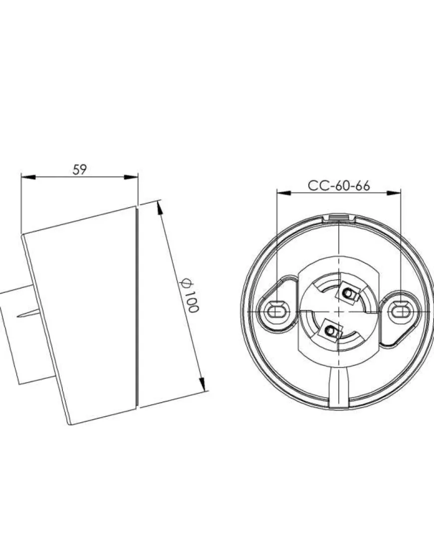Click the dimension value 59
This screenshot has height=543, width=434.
(x=80, y=169)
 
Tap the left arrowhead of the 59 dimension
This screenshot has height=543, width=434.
(x=28, y=177)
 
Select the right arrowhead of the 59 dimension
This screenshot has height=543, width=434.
(x=131, y=177)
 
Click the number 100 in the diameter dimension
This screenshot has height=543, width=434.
(x=192, y=301)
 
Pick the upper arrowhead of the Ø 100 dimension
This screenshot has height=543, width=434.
(x=160, y=208)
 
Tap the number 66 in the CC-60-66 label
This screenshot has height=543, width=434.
(x=362, y=186)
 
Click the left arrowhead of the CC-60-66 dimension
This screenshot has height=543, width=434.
(x=284, y=193)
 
